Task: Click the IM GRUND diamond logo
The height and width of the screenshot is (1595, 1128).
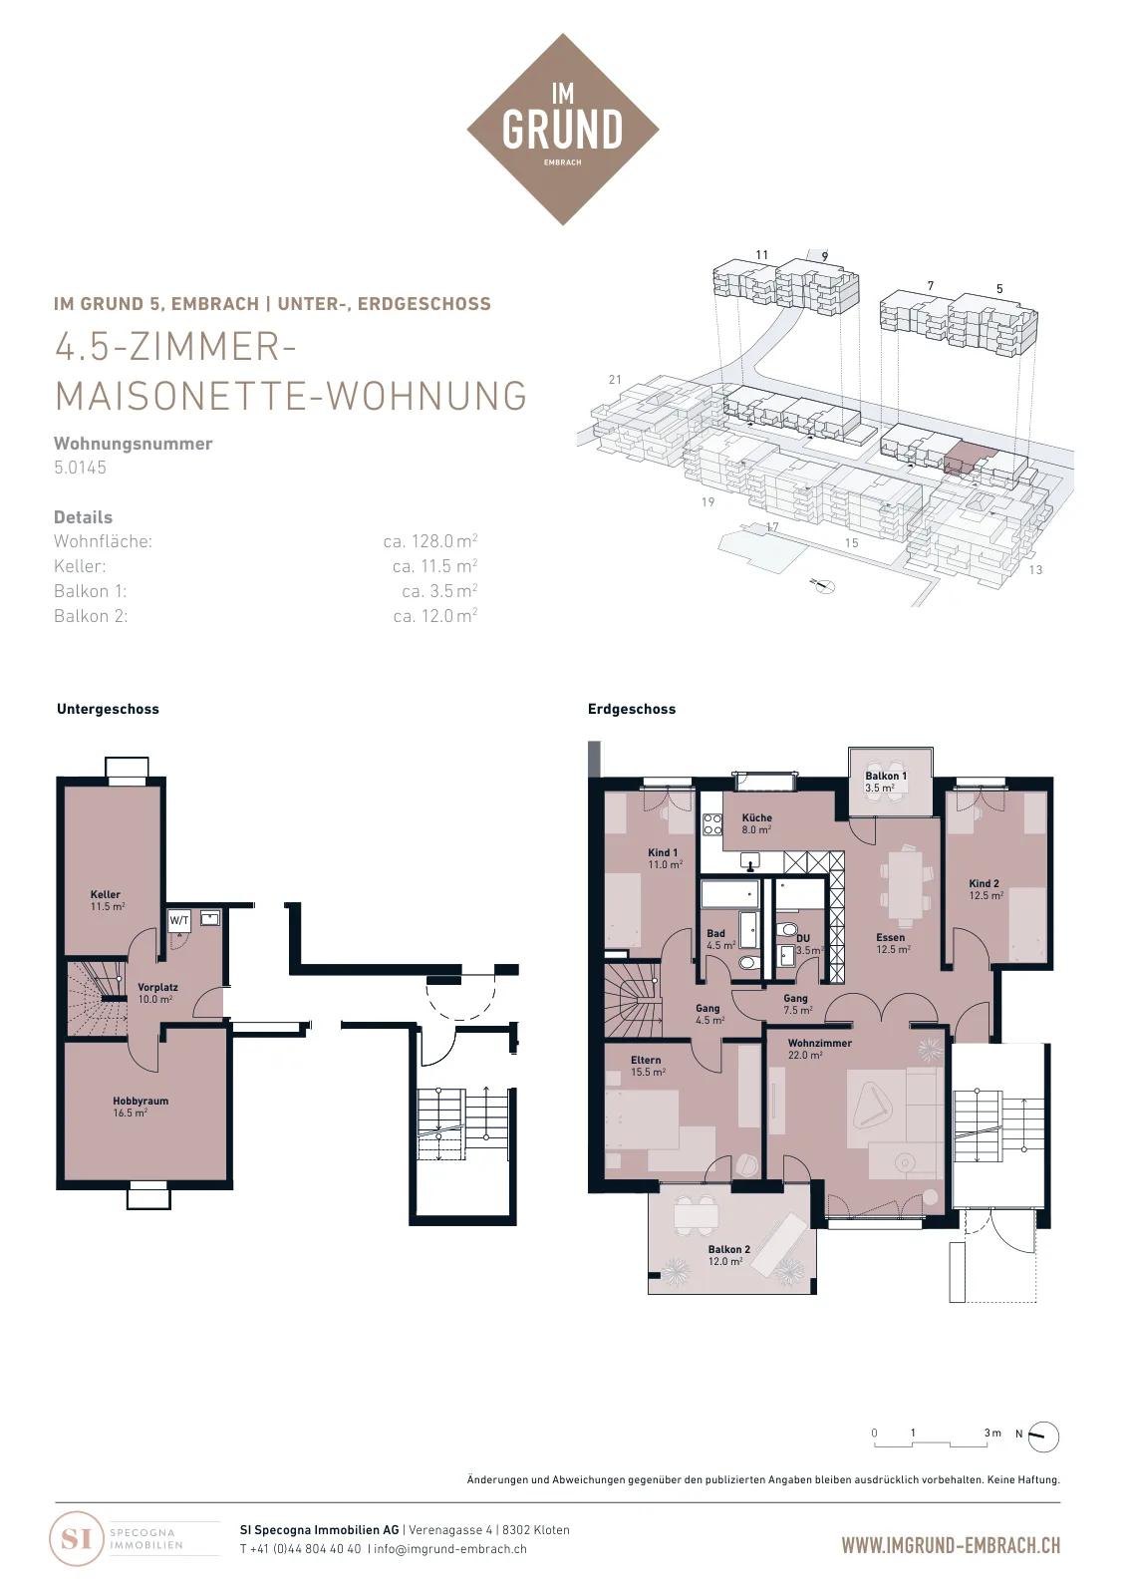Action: click(562, 129)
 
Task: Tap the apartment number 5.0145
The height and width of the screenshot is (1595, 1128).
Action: click(80, 468)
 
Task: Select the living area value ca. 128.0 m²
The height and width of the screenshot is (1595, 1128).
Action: click(429, 541)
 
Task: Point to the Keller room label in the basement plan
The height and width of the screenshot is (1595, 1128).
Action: click(108, 900)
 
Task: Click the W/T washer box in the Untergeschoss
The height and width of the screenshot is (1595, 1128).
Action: click(179, 921)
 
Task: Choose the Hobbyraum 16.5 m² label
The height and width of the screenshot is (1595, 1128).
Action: click(141, 1107)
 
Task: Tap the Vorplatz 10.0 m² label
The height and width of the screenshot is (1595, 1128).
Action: click(157, 993)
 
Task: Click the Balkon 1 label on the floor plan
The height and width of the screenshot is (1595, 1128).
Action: click(886, 782)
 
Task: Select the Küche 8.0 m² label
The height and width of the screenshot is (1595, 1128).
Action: click(756, 823)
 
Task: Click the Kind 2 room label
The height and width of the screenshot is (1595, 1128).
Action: click(986, 888)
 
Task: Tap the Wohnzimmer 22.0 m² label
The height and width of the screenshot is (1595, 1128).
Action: click(819, 1048)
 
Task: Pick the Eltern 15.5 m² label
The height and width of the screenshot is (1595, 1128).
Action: click(647, 1066)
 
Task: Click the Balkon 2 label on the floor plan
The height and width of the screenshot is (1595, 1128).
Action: click(728, 1255)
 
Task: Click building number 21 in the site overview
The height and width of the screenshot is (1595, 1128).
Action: click(615, 380)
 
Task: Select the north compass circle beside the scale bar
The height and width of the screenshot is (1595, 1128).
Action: click(1044, 1436)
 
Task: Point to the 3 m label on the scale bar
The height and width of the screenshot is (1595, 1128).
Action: click(992, 1433)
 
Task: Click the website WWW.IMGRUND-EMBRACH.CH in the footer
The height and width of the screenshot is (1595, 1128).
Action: click(951, 1545)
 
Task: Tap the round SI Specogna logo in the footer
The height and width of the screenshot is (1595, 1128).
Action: click(76, 1538)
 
